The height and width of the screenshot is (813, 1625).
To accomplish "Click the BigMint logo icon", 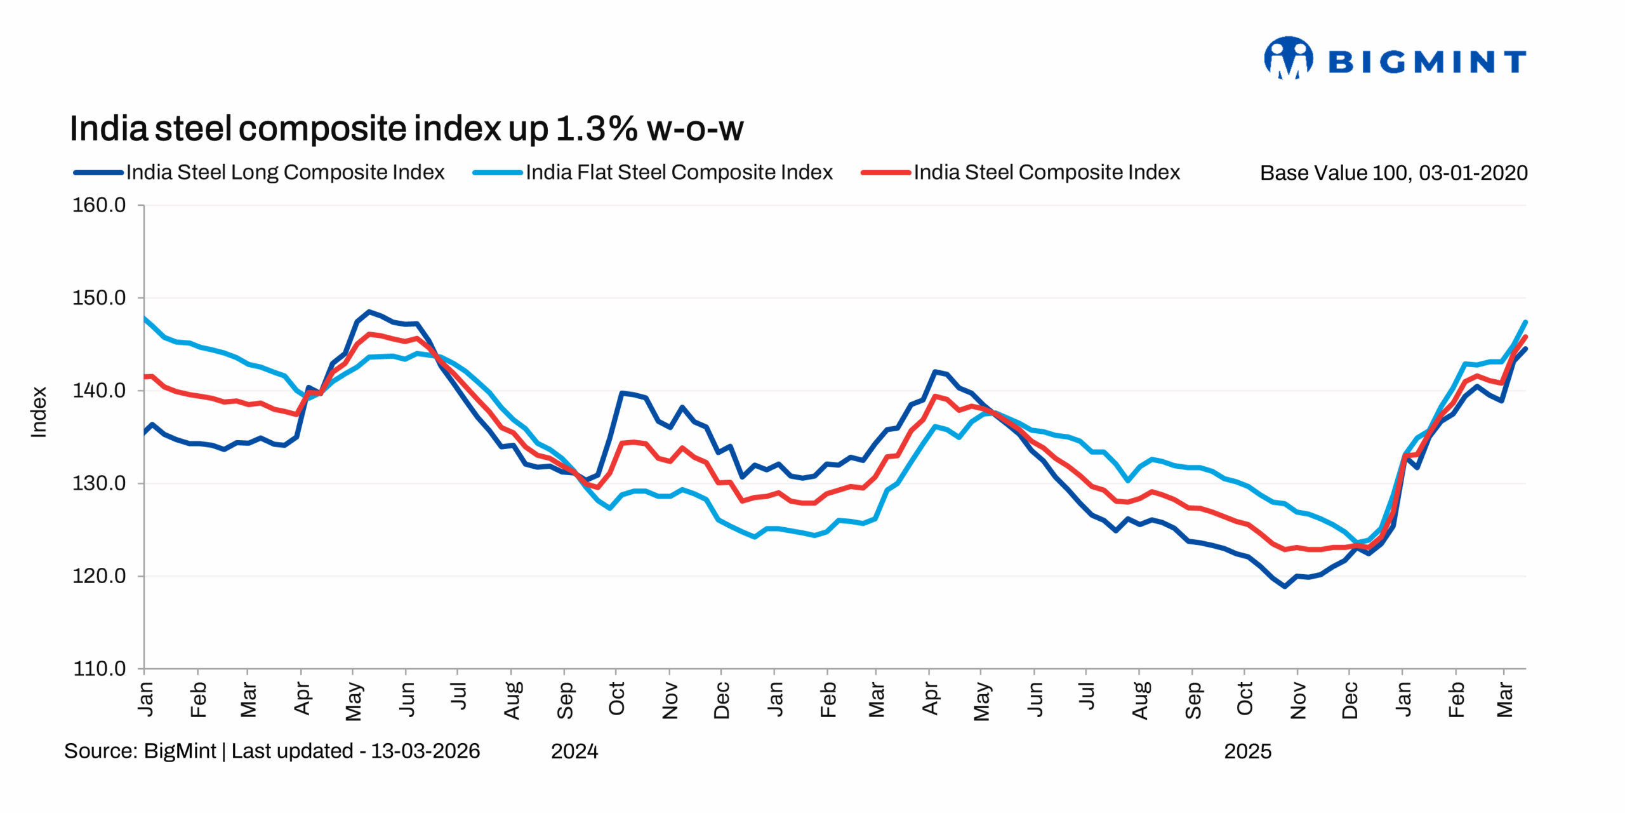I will click(1288, 58).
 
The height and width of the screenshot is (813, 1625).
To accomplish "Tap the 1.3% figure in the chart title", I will click(596, 129).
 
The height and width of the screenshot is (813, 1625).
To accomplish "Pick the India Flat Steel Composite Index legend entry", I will click(679, 172).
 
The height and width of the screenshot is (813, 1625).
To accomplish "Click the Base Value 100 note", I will click(1393, 173).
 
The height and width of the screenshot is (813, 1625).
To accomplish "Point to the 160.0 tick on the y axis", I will click(99, 205).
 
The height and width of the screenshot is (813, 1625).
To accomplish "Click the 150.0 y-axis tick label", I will click(99, 298).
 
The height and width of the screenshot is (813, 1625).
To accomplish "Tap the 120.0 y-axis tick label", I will click(99, 576).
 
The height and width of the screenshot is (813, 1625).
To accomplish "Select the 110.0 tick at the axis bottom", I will click(99, 669).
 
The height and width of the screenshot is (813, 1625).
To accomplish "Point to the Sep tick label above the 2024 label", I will click(565, 700).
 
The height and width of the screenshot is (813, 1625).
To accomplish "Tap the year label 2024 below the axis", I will click(574, 751).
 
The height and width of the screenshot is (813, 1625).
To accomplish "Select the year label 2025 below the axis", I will click(1247, 751).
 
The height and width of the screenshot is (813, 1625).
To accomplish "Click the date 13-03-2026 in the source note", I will click(425, 751).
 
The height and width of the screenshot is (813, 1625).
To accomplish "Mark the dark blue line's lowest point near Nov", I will click(1285, 586).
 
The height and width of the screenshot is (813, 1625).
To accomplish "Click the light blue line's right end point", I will click(1525, 322).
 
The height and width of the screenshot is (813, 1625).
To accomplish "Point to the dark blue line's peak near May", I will click(369, 312).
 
